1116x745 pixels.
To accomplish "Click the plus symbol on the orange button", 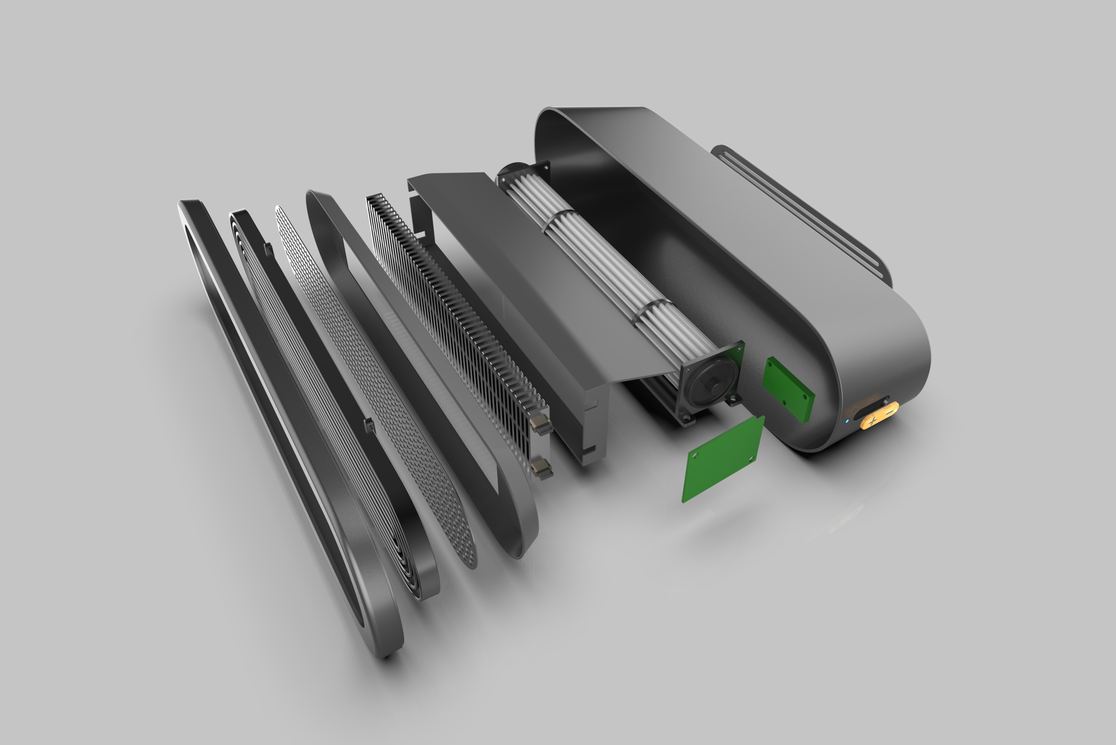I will tap(872, 420).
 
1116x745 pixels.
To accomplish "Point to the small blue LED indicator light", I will tap(847, 420).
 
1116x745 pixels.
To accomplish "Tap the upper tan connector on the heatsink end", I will tap(541, 423).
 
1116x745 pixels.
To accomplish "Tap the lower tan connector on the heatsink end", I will tap(542, 468).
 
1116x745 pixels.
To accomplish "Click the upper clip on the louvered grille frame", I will tap(268, 248).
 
